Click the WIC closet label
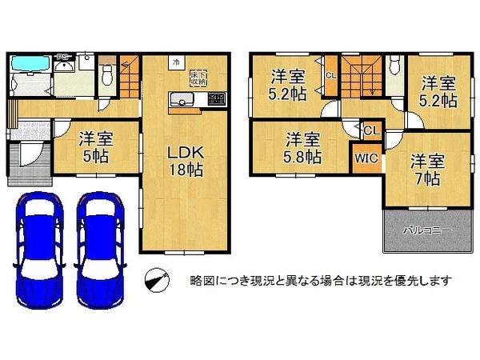(366, 158)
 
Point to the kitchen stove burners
(216, 100)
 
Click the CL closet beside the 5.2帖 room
(330, 76)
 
